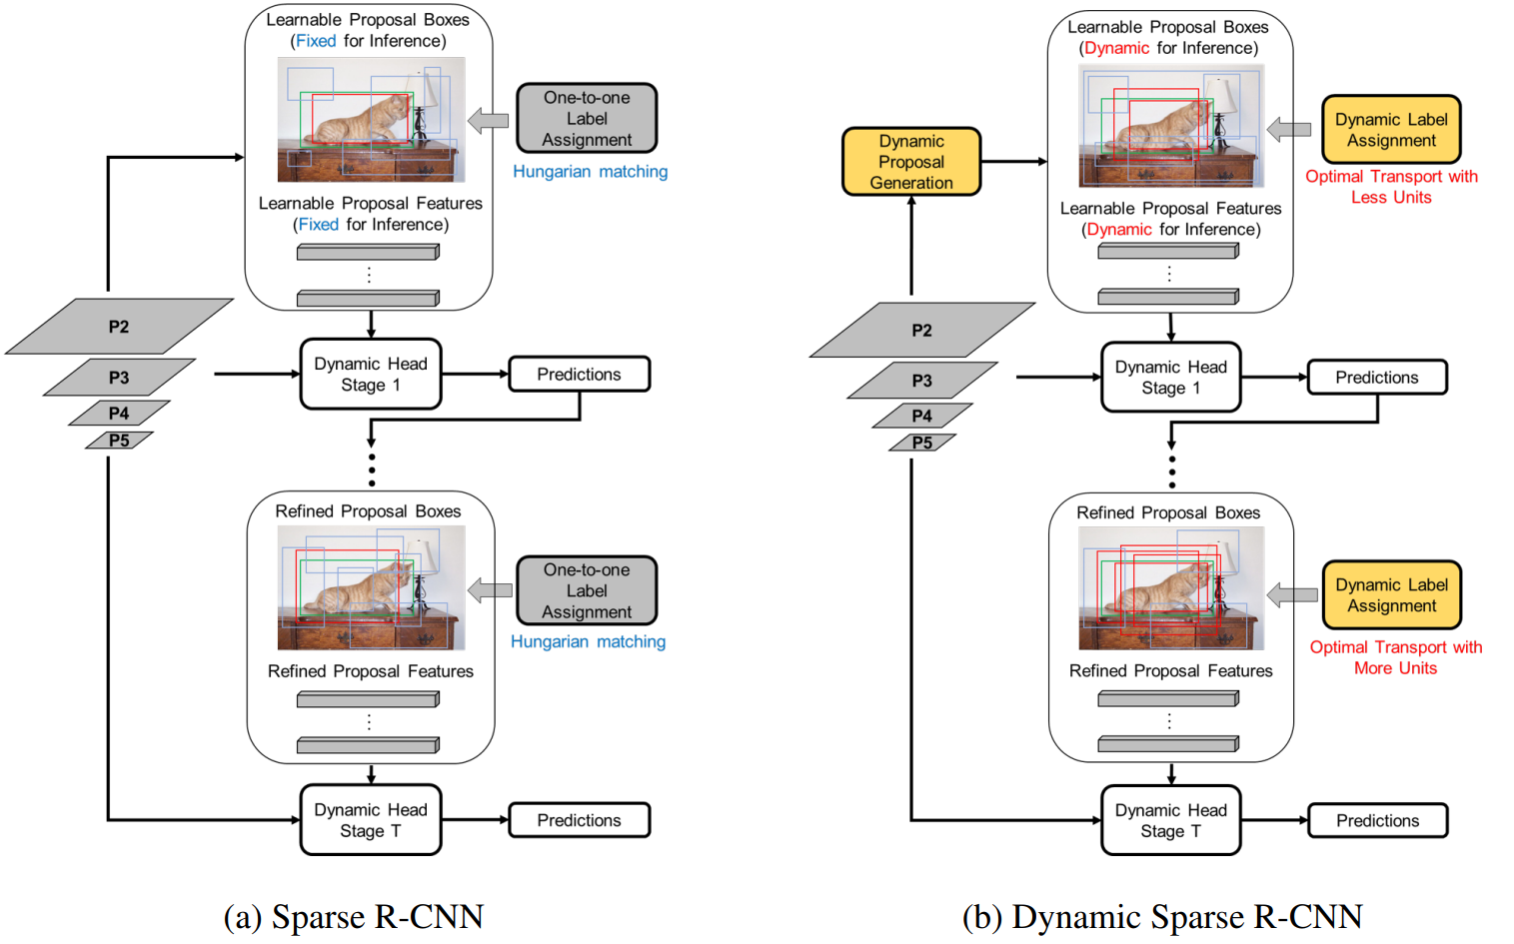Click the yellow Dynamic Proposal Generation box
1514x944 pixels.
click(911, 162)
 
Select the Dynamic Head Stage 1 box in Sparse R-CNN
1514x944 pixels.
click(371, 375)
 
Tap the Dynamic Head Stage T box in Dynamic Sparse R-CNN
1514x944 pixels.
click(1171, 821)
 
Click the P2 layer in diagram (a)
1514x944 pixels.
click(119, 327)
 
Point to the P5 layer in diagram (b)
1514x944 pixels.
click(922, 443)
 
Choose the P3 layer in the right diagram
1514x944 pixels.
click(922, 381)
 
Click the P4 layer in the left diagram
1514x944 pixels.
click(119, 413)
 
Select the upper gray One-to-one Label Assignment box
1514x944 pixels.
click(587, 119)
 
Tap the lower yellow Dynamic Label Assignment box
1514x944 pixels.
click(1392, 595)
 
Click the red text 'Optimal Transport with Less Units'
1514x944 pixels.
click(1391, 187)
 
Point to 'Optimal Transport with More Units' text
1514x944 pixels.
click(1395, 657)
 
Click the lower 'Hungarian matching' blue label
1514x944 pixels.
click(588, 641)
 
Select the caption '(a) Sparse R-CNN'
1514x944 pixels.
click(354, 916)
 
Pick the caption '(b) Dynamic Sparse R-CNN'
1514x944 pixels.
click(1162, 916)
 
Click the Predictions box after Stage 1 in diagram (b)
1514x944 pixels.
click(1377, 378)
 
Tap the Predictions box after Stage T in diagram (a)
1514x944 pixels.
click(579, 820)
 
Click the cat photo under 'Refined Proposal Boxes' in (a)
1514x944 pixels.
click(372, 587)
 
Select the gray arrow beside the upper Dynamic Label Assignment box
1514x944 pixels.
click(1289, 129)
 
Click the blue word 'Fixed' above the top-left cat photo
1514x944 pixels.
click(316, 41)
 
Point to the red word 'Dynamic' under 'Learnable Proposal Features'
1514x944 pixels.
click(1119, 230)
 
